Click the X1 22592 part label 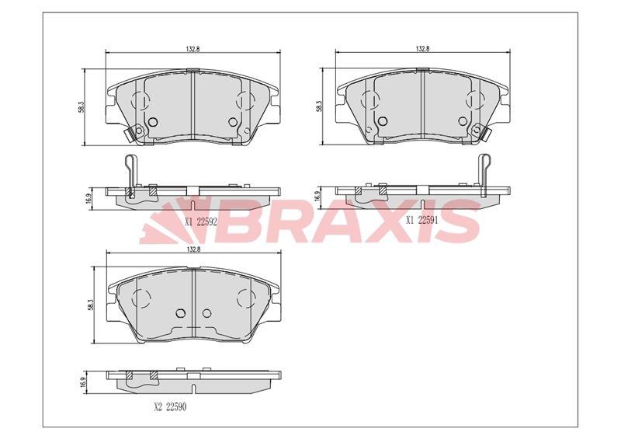pos(201,222)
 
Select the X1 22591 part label pos(422,220)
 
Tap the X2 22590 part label pos(170,407)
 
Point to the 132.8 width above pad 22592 pos(193,49)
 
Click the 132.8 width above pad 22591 pos(422,49)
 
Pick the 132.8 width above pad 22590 pos(193,249)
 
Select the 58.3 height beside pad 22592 pos(80,107)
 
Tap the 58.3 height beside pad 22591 pos(319,107)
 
